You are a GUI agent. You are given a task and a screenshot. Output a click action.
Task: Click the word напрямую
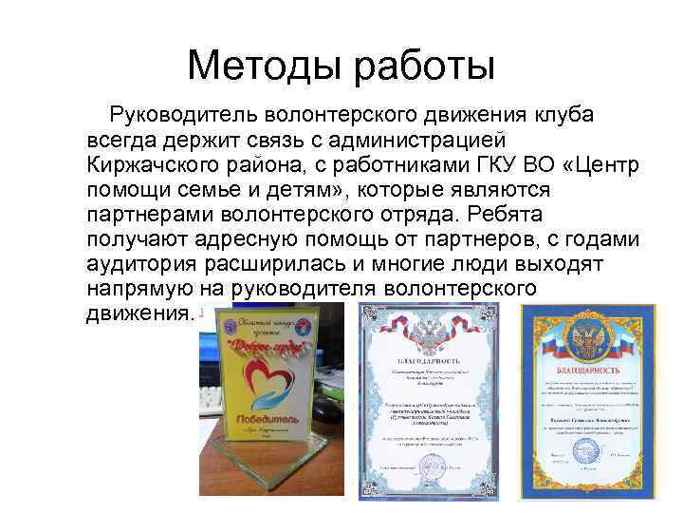(x=145, y=289)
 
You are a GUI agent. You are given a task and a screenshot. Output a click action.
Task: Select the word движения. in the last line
(x=139, y=313)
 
